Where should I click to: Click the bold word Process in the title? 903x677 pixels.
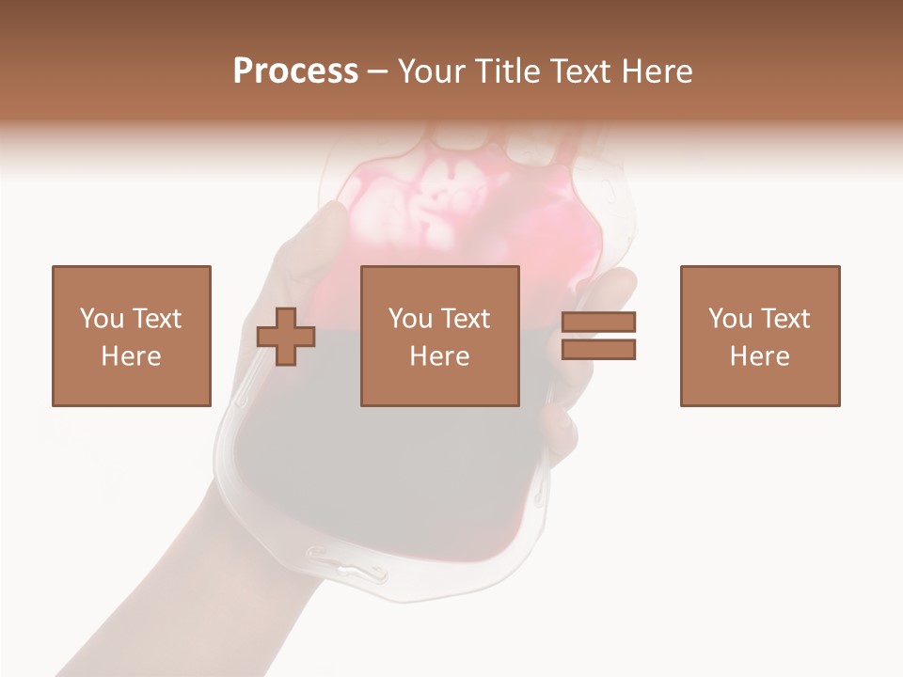295,71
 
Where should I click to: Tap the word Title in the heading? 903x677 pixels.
508,71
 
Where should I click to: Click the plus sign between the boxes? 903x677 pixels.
286,337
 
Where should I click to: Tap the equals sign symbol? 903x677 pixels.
598,336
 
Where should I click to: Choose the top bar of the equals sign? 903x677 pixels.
598,323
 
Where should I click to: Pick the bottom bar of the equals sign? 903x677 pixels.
598,349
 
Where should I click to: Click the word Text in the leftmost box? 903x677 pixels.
155,319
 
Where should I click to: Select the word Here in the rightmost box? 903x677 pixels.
759,356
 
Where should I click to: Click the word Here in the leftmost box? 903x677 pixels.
131,356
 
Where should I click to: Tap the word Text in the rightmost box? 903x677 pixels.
784,319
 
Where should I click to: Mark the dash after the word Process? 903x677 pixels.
377,72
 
